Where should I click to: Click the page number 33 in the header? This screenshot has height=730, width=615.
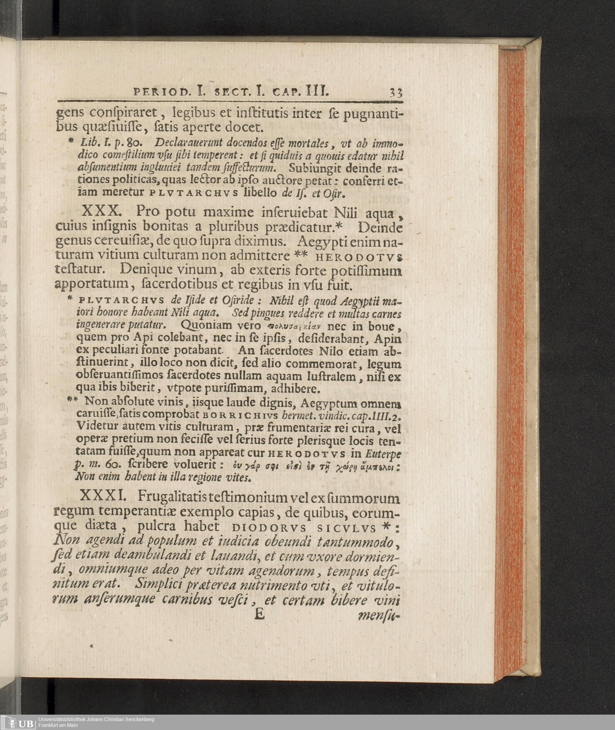pos(396,93)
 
